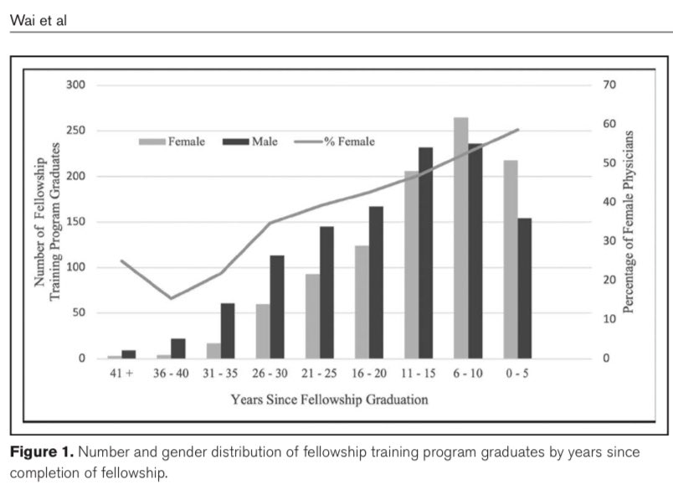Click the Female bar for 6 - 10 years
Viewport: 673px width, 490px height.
461,238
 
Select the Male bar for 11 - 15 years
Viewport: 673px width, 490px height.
426,253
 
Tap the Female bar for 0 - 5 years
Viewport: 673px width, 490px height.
511,259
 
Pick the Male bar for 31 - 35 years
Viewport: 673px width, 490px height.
228,331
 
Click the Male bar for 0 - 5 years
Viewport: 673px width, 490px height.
525,288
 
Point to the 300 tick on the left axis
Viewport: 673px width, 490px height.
74,85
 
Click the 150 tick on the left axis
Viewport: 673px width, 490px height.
74,222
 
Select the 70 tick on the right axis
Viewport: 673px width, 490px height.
609,85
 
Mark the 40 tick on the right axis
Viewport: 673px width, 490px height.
609,203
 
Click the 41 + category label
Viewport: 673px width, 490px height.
121,374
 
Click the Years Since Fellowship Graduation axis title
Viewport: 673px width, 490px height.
330,400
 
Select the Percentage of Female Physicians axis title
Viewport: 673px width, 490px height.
629,222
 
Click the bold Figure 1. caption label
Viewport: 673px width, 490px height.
42,452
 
